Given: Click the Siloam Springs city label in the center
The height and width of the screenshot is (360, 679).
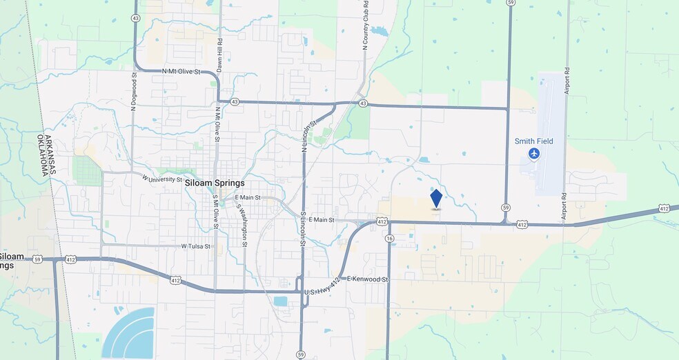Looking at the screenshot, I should point(215,184).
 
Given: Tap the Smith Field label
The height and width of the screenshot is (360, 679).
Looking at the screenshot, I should point(533,141).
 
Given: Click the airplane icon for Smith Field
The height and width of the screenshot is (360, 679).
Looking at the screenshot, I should point(533,153).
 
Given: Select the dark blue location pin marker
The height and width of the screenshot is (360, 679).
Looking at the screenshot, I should point(436,199).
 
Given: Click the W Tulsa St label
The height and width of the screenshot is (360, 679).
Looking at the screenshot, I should point(195,246).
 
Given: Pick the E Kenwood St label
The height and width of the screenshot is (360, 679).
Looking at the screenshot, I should point(368,279).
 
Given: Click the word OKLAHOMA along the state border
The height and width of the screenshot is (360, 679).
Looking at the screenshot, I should point(49,154).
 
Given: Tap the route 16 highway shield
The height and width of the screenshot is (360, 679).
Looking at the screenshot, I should point(390,238).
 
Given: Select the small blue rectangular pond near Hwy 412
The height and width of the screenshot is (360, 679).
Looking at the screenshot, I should point(280,301).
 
